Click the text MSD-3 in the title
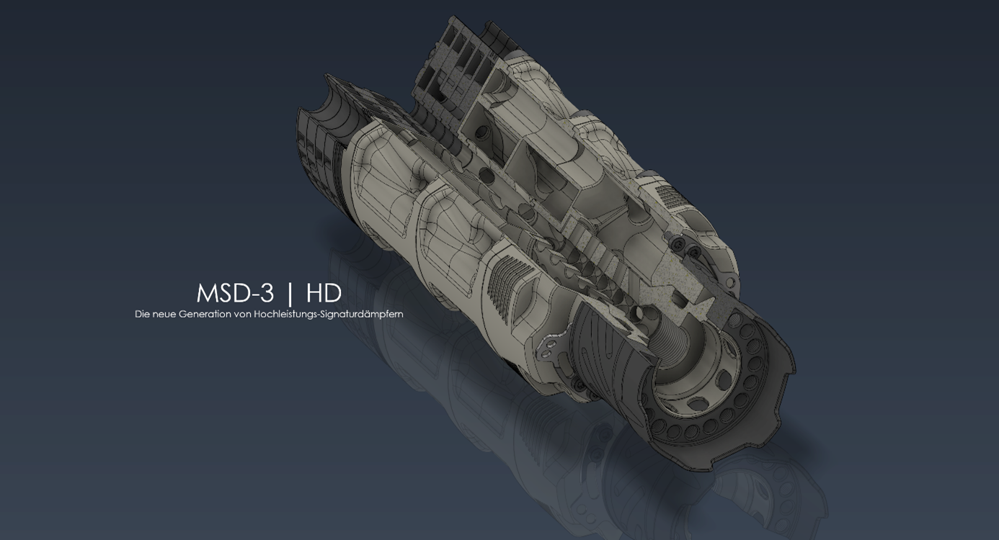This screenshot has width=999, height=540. tap(235, 293)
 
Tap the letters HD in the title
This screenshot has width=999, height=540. tap(324, 293)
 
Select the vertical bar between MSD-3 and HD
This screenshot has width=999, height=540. tap(290, 294)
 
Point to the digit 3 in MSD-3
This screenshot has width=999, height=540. tap(266, 293)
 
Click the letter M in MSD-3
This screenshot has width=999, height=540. tap(206, 293)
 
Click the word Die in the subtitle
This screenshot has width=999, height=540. tap(142, 314)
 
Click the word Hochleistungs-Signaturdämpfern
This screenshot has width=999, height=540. tap(329, 315)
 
